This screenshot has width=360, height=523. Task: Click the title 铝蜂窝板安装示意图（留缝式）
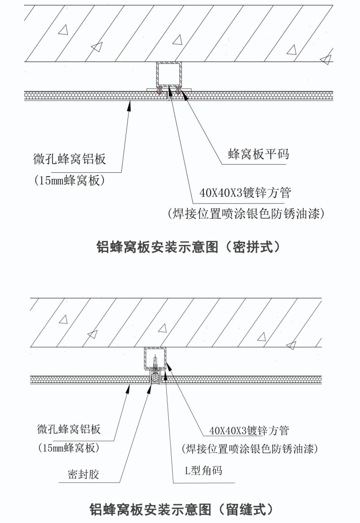pyautogui.click(x=182, y=508)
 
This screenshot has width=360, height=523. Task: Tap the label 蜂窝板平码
pyautogui.click(x=258, y=155)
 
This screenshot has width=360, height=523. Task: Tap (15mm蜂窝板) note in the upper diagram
pyautogui.click(x=70, y=180)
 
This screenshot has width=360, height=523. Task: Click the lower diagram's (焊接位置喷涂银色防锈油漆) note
pyautogui.click(x=250, y=450)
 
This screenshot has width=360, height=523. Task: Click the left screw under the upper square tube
pyautogui.click(x=160, y=89)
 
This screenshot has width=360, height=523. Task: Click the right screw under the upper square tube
pyautogui.click(x=178, y=89)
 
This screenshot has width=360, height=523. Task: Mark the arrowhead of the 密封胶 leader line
pyautogui.click(x=148, y=387)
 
